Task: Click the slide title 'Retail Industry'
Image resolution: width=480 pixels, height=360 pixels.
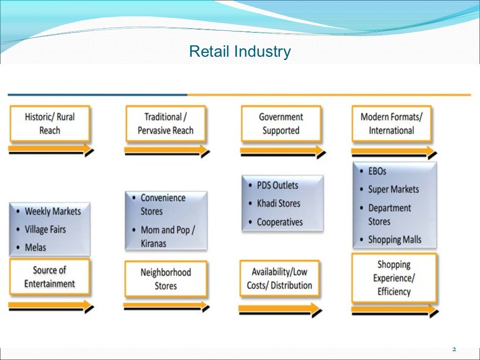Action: [240, 51]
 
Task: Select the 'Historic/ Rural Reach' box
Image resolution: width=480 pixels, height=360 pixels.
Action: [50, 124]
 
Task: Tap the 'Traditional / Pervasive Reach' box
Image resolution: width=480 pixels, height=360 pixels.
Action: [165, 124]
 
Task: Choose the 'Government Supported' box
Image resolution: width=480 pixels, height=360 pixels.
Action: [281, 124]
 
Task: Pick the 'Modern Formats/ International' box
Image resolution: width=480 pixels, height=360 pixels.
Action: [391, 124]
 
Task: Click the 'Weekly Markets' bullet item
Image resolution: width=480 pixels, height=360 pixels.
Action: [52, 211]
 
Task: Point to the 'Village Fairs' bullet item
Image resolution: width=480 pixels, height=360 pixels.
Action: [45, 230]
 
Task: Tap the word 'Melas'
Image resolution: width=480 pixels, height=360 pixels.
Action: [36, 247]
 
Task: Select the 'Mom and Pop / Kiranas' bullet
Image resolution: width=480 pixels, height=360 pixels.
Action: [167, 237]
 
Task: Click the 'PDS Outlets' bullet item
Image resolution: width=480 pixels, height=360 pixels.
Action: [277, 185]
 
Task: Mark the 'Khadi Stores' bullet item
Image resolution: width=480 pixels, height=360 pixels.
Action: [278, 203]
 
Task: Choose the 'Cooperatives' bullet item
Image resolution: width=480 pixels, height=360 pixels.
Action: [279, 222]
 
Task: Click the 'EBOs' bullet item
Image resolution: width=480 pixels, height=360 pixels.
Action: [377, 172]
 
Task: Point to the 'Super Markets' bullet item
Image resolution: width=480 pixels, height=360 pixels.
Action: [393, 189]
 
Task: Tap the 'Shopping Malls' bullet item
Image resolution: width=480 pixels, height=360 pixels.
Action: [394, 240]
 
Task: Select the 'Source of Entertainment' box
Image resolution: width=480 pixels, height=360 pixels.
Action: [50, 277]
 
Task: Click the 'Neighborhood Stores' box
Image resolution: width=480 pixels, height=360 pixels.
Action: [165, 279]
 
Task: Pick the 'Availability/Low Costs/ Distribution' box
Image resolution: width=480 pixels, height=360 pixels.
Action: [279, 278]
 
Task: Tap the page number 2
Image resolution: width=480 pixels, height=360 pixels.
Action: [454, 350]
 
